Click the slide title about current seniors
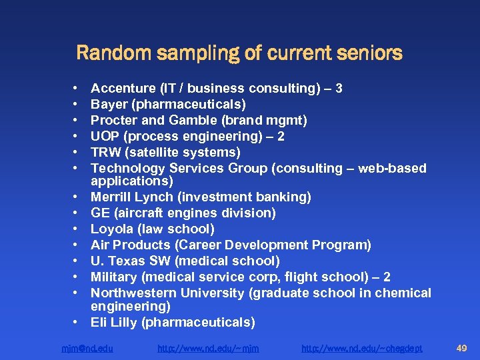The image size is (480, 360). tap(239, 53)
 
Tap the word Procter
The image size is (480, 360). tap(113, 120)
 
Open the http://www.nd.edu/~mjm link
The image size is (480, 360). tap(208, 348)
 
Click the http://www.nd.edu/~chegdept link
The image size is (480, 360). tap(361, 348)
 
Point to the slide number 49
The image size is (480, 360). tap(461, 347)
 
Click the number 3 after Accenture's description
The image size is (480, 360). tap(339, 88)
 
